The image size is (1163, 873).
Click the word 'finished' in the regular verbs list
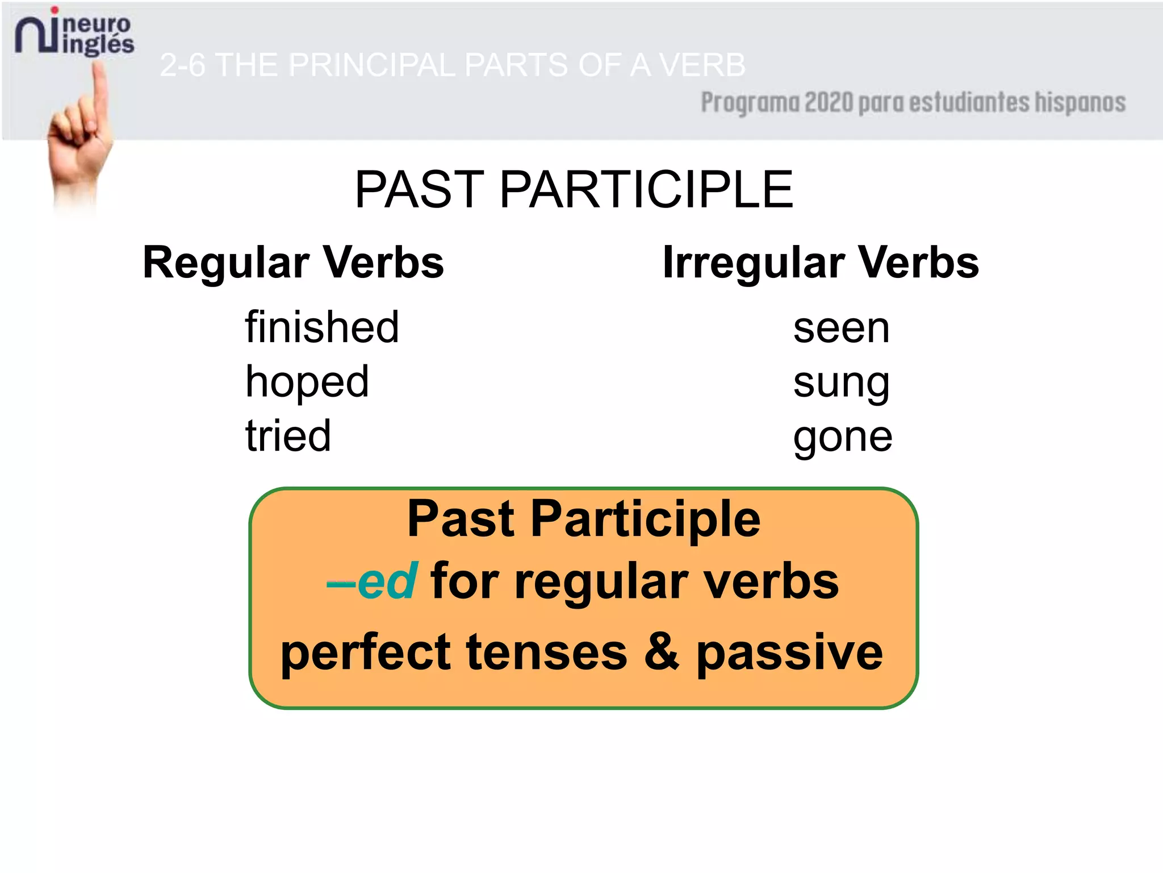point(322,327)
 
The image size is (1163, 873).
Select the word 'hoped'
point(307,382)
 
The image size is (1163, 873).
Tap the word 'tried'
point(288,436)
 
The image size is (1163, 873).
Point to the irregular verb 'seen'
point(841,329)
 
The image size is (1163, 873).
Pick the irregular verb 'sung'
point(841,384)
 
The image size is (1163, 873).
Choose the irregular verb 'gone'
point(843,438)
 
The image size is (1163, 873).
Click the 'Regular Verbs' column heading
point(293,263)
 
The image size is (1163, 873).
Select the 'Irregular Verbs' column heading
point(821,263)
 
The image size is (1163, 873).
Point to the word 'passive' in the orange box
point(789,652)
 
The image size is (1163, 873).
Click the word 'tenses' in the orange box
point(547,652)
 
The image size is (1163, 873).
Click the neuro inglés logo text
point(97,34)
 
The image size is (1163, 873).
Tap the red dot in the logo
point(55,10)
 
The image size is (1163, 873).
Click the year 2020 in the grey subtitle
point(829,103)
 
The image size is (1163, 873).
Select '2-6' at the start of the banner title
point(182,65)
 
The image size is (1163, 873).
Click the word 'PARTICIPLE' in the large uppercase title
point(646,190)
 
